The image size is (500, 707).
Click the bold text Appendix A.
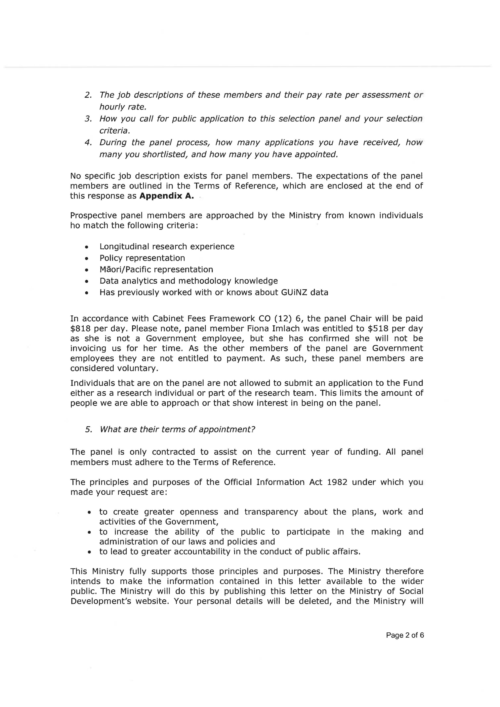(x=167, y=196)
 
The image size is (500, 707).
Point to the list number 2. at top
(x=88, y=95)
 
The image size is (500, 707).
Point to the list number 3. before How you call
(x=88, y=119)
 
